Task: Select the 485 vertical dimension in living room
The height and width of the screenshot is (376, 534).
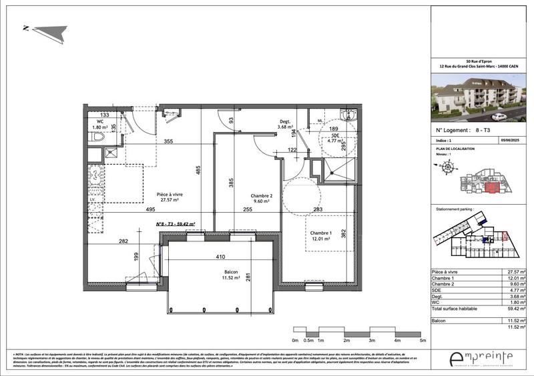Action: pos(198,171)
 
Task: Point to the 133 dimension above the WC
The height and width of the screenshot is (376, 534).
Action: pos(105,115)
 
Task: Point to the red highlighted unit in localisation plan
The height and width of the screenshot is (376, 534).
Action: pos(493,188)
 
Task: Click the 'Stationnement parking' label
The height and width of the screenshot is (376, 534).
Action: pos(455,209)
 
